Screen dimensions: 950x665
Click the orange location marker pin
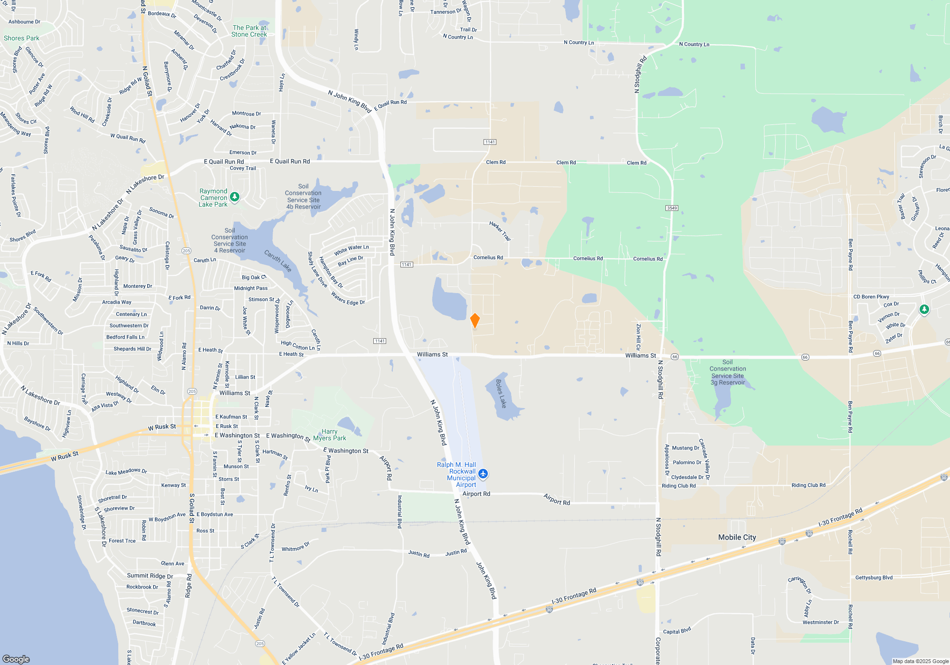coord(475,320)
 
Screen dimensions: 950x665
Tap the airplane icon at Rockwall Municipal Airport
coord(483,474)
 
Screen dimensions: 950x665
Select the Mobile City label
coord(737,537)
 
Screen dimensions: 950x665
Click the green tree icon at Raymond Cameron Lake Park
coord(234,197)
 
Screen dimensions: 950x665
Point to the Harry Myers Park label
coord(329,435)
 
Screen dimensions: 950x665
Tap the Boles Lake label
coord(501,394)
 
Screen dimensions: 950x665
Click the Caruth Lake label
coord(278,261)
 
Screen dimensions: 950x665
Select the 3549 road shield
coord(672,208)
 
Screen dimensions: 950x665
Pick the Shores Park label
coord(21,38)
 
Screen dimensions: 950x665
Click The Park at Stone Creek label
coord(249,31)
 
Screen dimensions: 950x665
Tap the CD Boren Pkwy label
coord(871,297)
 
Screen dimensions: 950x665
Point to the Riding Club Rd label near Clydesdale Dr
coord(678,486)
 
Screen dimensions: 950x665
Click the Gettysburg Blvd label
coord(874,578)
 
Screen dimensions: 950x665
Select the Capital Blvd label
coord(676,631)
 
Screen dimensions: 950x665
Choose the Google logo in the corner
coord(16,659)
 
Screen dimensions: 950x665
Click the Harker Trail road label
coord(500,231)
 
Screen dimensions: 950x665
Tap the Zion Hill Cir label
coord(638,337)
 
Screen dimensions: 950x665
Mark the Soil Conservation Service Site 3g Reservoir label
coord(727,372)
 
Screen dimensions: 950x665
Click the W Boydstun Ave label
coord(167,517)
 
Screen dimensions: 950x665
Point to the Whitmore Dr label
coord(295,547)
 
